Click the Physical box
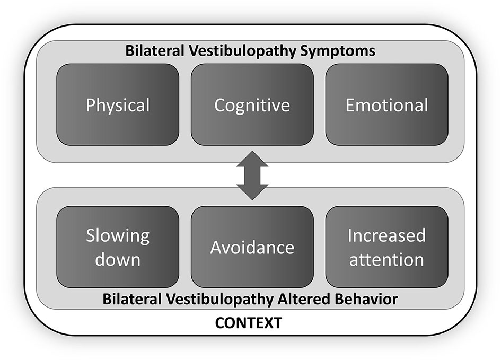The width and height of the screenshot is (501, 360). pyautogui.click(x=118, y=104)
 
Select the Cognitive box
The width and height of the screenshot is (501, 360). pyautogui.click(x=252, y=104)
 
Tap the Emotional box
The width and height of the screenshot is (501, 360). pyautogui.click(x=386, y=104)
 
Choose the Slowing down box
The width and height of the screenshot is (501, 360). pyautogui.click(x=118, y=247)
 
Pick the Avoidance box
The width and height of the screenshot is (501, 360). pyautogui.click(x=252, y=247)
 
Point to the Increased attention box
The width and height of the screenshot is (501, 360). pyautogui.click(x=386, y=247)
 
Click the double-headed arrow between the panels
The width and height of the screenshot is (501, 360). pyautogui.click(x=252, y=175)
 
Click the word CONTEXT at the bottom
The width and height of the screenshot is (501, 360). pyautogui.click(x=248, y=322)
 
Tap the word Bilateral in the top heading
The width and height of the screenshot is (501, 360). pyautogui.click(x=151, y=51)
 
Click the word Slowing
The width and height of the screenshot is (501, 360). pyautogui.click(x=118, y=235)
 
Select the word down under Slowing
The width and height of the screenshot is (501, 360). pyautogui.click(x=118, y=260)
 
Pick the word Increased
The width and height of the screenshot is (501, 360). pyautogui.click(x=386, y=235)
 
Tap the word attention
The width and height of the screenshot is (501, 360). pyautogui.click(x=386, y=260)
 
